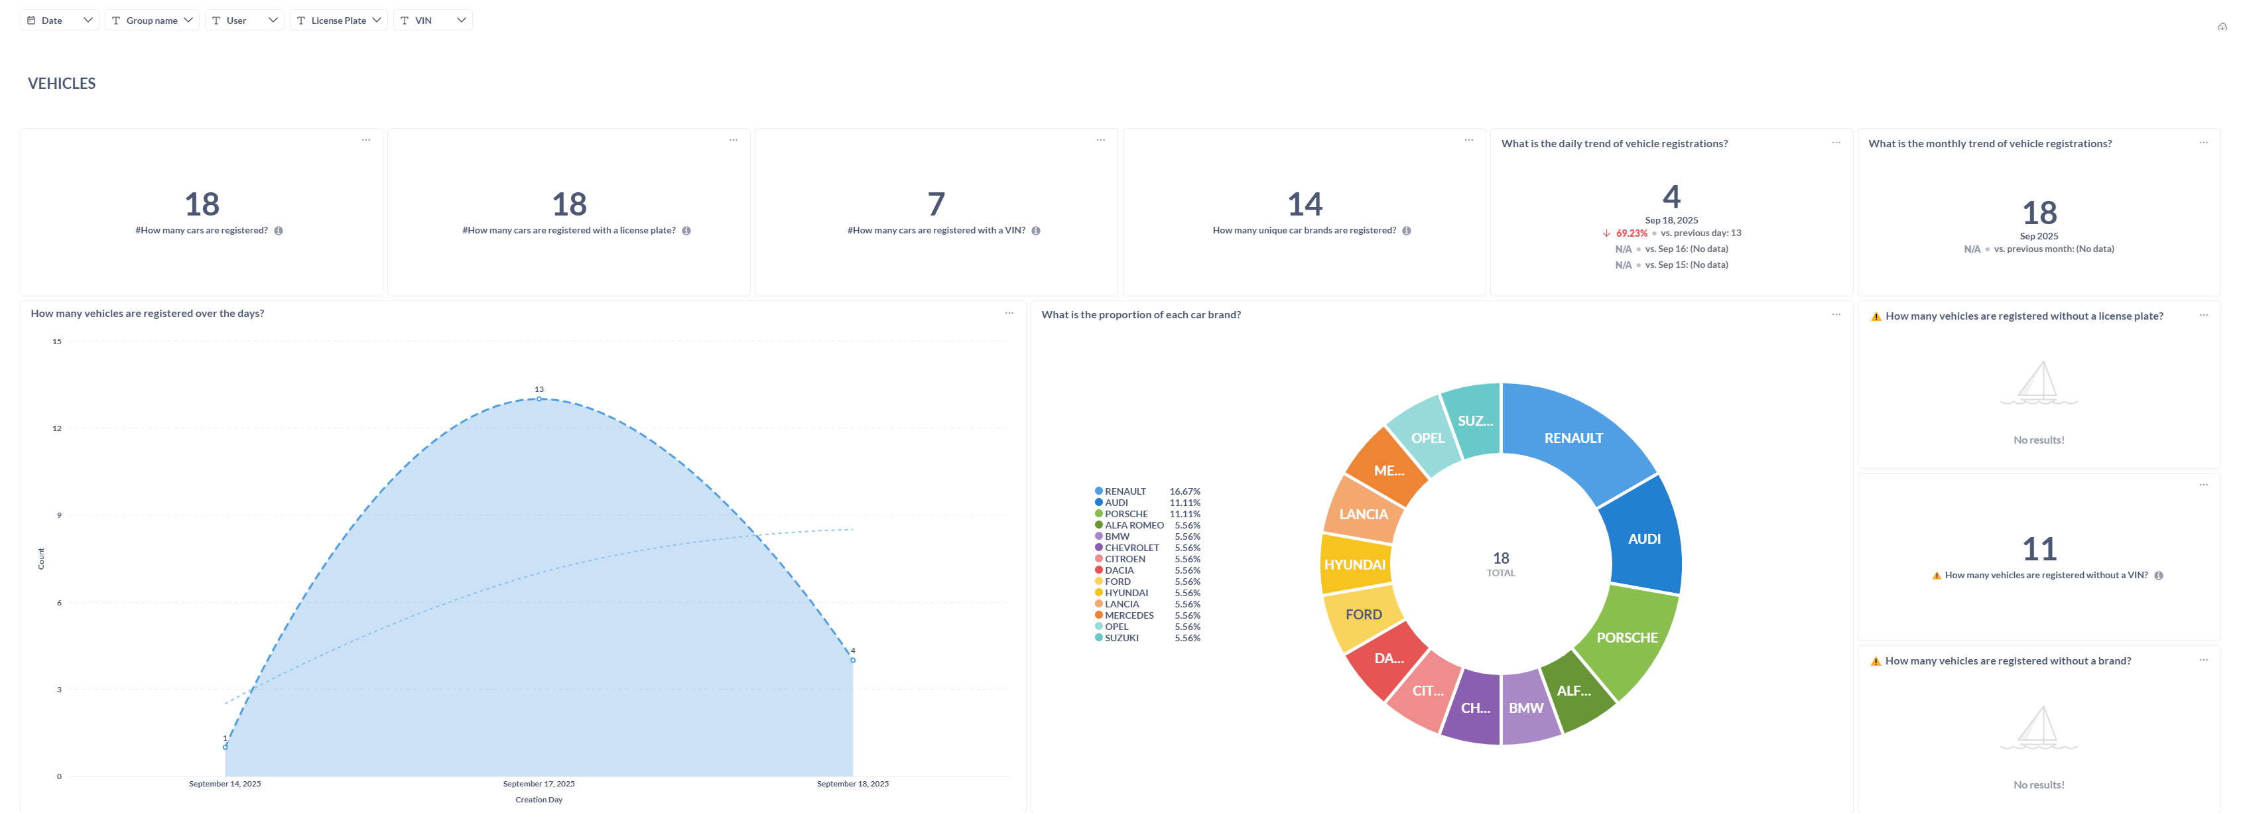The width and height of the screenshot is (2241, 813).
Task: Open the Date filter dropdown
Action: (x=58, y=20)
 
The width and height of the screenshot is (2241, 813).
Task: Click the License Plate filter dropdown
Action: (x=338, y=20)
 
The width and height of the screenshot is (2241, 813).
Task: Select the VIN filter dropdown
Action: (x=432, y=20)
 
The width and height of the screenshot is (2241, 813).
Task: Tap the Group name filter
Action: (x=153, y=20)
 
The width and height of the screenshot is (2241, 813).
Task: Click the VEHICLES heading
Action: (x=62, y=84)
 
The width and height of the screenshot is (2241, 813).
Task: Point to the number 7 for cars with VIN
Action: (x=936, y=204)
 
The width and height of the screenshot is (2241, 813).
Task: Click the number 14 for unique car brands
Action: (x=1304, y=204)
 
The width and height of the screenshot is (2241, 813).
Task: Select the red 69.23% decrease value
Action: (x=1631, y=233)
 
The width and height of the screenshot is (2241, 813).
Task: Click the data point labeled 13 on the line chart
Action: (x=539, y=399)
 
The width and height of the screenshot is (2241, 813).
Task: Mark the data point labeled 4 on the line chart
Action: (x=852, y=660)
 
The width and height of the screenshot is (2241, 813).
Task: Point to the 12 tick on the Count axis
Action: (x=58, y=428)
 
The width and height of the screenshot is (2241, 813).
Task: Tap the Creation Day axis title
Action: (x=539, y=799)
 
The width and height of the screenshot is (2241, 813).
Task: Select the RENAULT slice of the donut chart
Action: (x=1574, y=438)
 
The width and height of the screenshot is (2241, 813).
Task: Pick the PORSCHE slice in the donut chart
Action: (x=1627, y=637)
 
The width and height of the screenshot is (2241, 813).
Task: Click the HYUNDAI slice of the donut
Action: (x=1354, y=564)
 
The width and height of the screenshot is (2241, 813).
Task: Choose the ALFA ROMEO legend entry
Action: (x=1133, y=525)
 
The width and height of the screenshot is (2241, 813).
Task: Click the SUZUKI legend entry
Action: (x=1121, y=637)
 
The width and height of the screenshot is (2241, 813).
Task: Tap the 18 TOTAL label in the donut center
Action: (x=1501, y=564)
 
